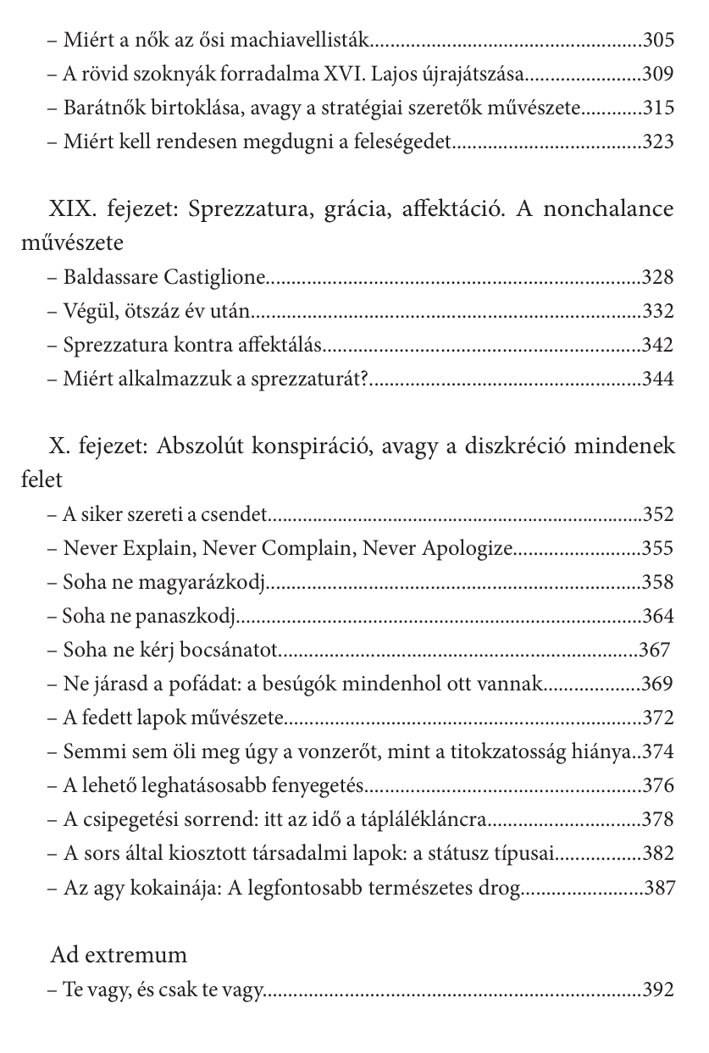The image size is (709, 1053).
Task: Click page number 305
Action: tap(658, 40)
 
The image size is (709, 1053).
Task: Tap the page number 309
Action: tap(658, 74)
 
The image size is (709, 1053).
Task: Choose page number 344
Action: tap(658, 379)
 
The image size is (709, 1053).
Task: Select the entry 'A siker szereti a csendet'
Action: tap(165, 514)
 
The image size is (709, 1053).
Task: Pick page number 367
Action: tap(654, 650)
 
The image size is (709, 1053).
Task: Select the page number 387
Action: tap(659, 887)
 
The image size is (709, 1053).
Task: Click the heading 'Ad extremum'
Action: tap(119, 955)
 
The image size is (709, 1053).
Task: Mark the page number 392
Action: tap(658, 989)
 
